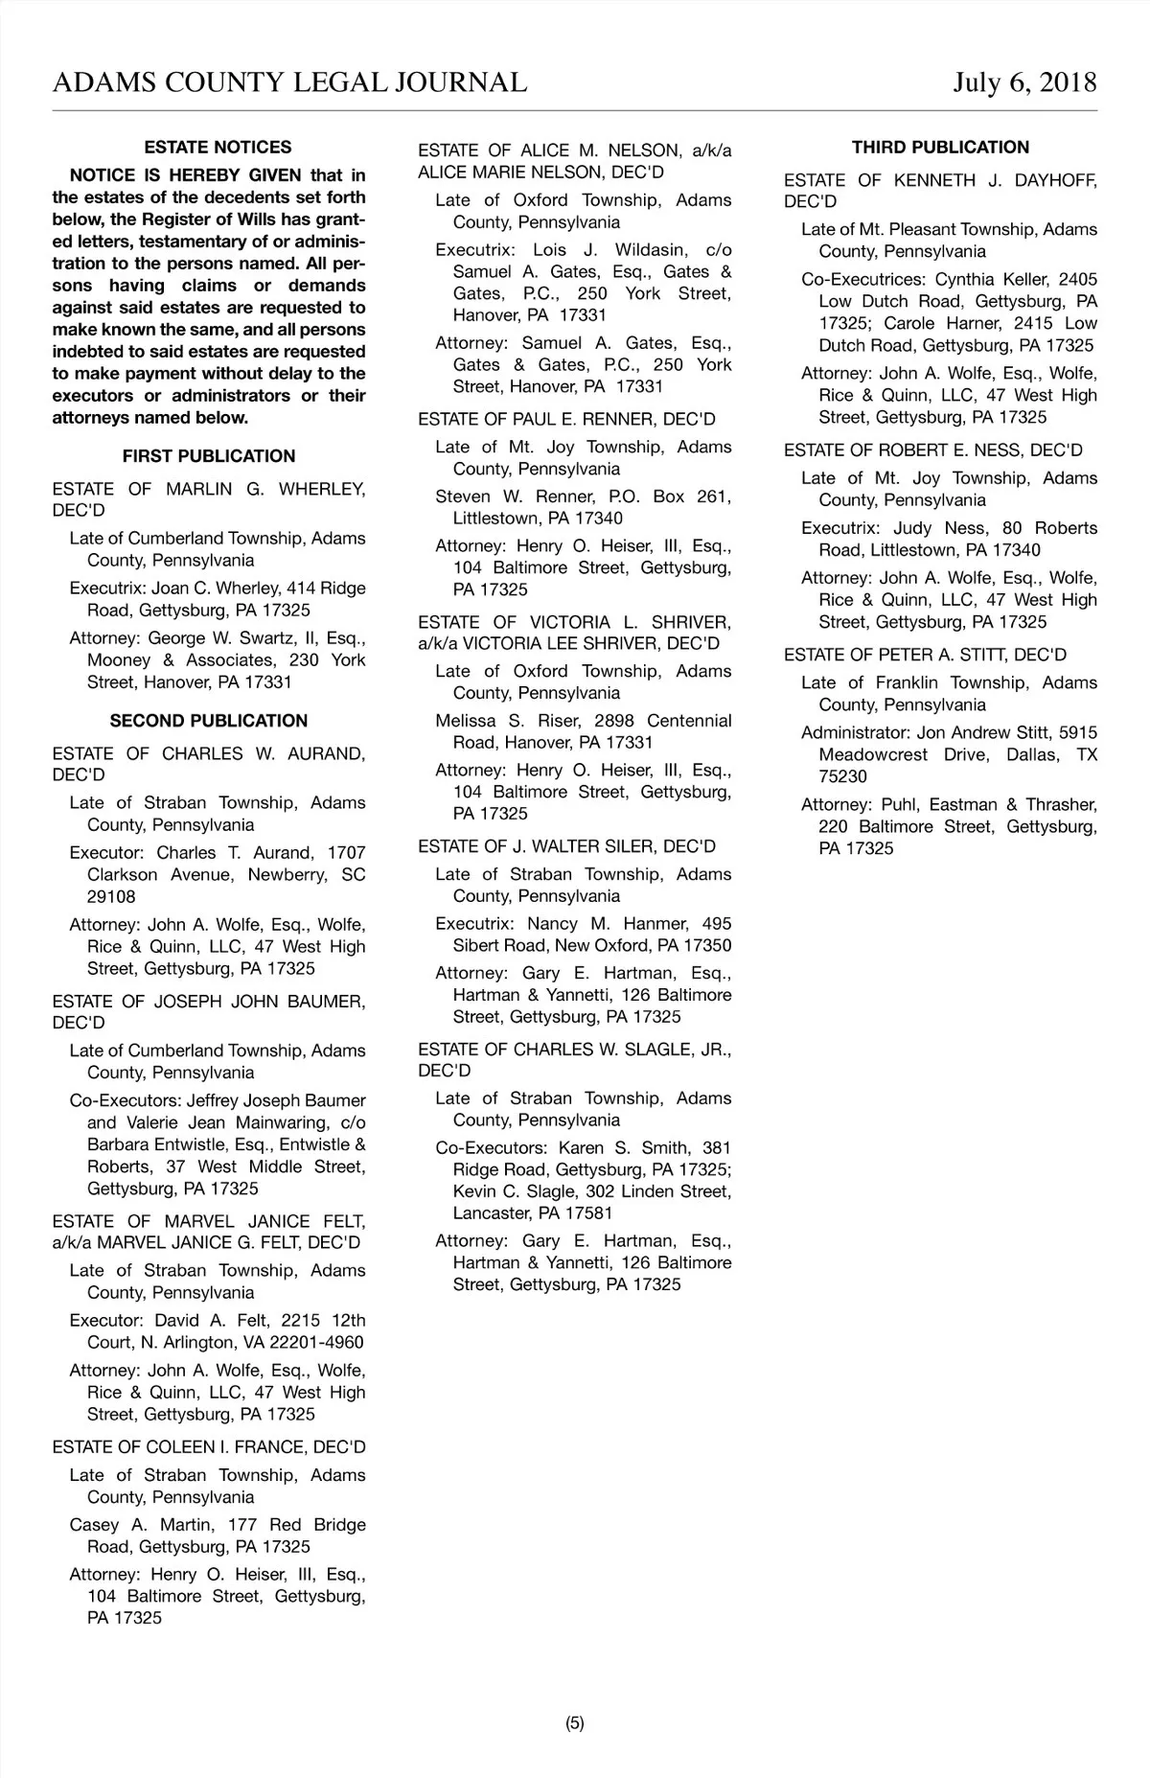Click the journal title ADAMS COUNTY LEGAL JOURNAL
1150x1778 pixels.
(289, 82)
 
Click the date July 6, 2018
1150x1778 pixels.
(1024, 82)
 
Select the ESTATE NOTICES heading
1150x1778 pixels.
(218, 148)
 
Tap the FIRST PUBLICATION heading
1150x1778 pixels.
(209, 456)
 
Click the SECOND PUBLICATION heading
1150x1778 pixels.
(209, 721)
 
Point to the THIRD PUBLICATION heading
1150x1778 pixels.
(940, 148)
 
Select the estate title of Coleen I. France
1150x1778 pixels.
(209, 1447)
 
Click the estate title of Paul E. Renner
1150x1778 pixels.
(566, 420)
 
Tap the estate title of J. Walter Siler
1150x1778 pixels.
(566, 846)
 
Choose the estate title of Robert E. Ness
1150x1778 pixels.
(932, 450)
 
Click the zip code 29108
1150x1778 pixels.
(111, 897)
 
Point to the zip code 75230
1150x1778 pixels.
(842, 777)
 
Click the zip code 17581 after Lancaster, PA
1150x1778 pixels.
(589, 1213)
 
